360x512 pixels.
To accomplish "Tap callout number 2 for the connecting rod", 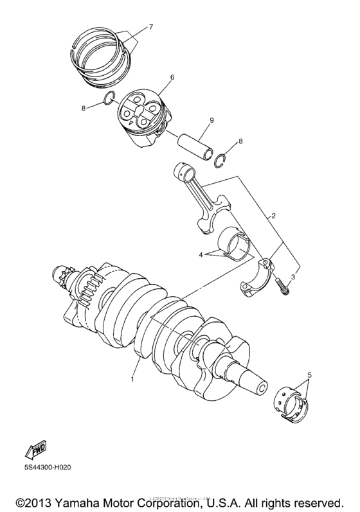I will click(x=274, y=216).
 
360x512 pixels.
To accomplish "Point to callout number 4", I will click(x=201, y=254).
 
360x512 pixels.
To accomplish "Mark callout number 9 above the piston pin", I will click(x=210, y=119).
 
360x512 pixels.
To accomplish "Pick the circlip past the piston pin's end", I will click(x=221, y=161).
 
